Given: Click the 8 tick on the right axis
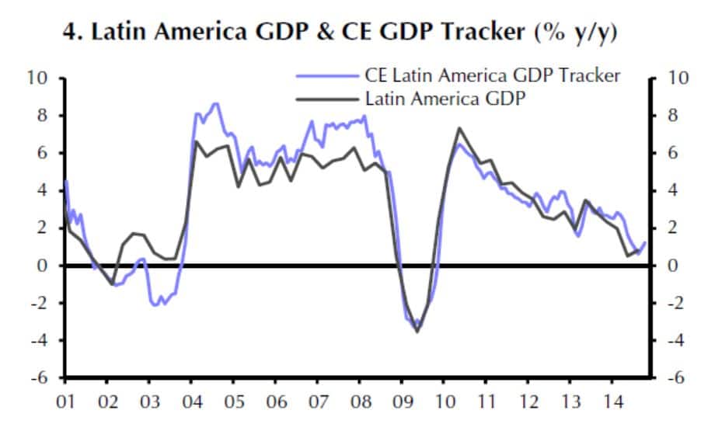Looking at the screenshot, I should tap(671, 116).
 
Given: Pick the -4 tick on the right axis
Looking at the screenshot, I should tap(674, 340).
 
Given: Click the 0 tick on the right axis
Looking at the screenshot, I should tap(671, 266).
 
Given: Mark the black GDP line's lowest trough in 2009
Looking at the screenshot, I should tap(417, 332).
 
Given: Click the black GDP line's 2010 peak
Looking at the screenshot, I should tap(459, 128).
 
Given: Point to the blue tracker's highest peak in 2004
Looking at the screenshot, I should tap(215, 103).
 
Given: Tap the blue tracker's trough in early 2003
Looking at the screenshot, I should tap(155, 304).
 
